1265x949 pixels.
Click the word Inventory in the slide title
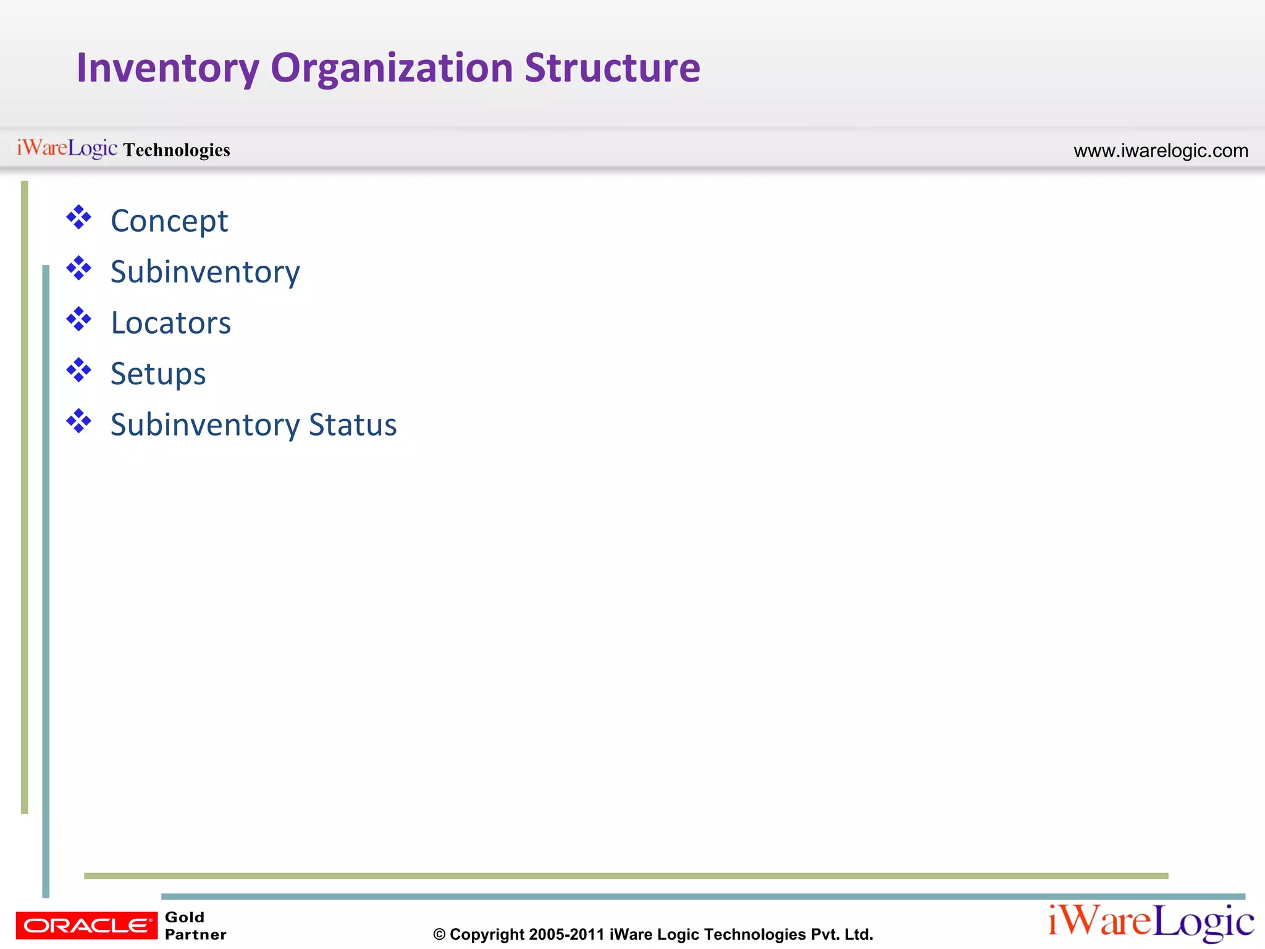pyautogui.click(x=167, y=68)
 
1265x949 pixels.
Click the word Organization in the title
pyautogui.click(x=392, y=68)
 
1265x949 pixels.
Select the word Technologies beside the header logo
pyautogui.click(x=177, y=150)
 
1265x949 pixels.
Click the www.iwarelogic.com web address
pyautogui.click(x=1161, y=151)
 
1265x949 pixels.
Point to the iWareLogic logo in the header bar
pyautogui.click(x=67, y=148)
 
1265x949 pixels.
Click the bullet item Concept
pyautogui.click(x=169, y=221)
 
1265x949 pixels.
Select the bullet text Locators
pyautogui.click(x=171, y=323)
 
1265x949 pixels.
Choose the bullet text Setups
pyautogui.click(x=158, y=374)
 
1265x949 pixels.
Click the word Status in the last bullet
pyautogui.click(x=353, y=425)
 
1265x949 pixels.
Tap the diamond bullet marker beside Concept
pyautogui.click(x=79, y=217)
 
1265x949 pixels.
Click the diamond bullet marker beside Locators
pyautogui.click(x=79, y=319)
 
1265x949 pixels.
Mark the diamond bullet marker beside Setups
pyautogui.click(x=79, y=371)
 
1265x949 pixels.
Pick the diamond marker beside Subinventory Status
pyautogui.click(x=79, y=421)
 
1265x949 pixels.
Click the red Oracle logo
pyautogui.click(x=86, y=925)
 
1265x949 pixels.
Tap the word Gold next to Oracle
pyautogui.click(x=185, y=917)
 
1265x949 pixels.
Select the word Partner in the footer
pyautogui.click(x=196, y=934)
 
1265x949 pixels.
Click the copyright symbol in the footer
pyautogui.click(x=439, y=935)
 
